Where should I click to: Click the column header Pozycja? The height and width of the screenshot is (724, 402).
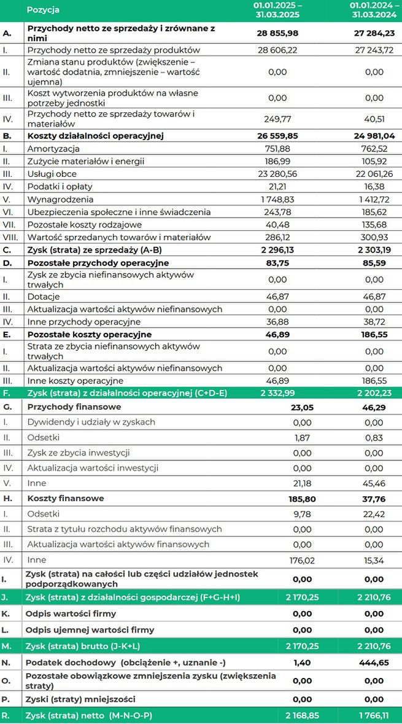click(44, 10)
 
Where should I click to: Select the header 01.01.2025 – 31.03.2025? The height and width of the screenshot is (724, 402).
click(277, 10)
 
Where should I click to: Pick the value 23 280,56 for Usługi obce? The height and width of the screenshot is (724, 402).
click(280, 174)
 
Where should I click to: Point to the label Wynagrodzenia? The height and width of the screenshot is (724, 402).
click(60, 199)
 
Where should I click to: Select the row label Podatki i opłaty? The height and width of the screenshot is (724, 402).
click(59, 187)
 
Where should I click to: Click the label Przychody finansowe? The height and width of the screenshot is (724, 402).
click(74, 407)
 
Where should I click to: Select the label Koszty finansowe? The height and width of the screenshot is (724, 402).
click(66, 498)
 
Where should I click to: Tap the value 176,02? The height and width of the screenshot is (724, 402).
click(300, 559)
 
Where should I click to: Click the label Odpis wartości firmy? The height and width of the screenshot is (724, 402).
click(71, 613)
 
